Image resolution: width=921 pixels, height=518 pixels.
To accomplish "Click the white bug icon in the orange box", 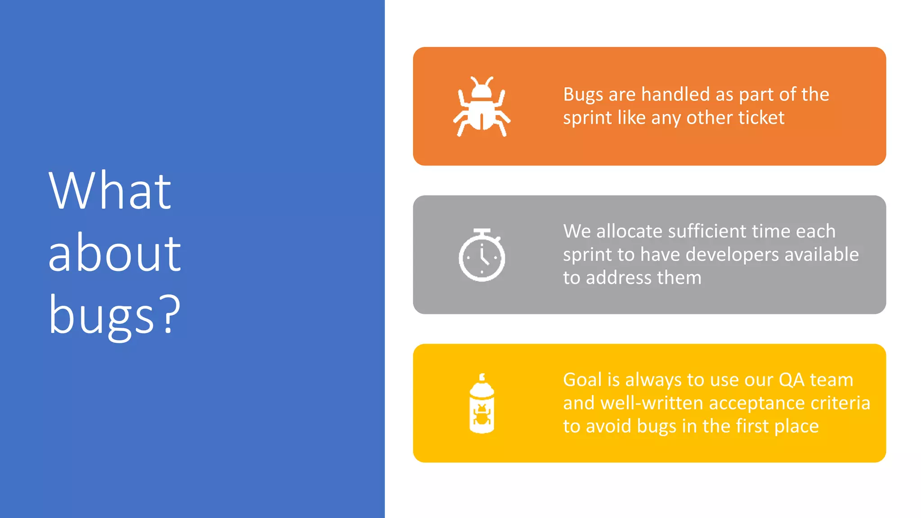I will [482, 107].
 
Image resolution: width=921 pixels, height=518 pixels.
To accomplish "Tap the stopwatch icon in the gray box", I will [482, 255].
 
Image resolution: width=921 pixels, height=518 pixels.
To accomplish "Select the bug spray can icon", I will [482, 403].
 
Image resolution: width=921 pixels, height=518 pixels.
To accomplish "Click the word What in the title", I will [110, 191].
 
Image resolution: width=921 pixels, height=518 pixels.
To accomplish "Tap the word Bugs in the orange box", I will [583, 95].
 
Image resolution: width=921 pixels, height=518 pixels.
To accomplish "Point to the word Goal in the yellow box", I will [582, 380].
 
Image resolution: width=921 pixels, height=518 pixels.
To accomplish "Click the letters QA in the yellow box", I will [791, 380].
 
